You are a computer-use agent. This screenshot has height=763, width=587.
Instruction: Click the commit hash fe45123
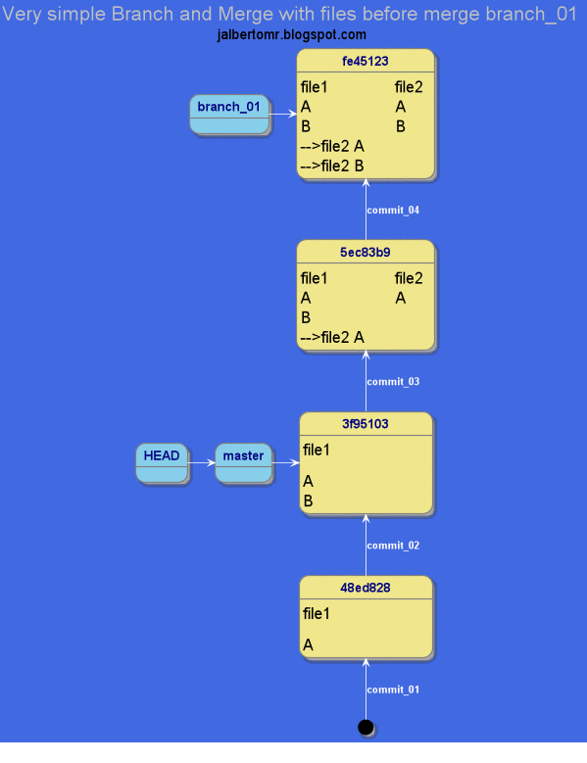[365, 61]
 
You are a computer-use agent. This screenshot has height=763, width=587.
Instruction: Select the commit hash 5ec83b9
[365, 252]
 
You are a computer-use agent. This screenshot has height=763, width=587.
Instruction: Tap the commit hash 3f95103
[365, 424]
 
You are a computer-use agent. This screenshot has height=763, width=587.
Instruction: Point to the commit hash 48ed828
[365, 588]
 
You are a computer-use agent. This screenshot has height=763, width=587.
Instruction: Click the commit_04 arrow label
[393, 211]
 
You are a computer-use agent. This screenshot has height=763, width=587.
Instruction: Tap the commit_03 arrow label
[393, 382]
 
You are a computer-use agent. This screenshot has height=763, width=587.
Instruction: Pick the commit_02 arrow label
[393, 546]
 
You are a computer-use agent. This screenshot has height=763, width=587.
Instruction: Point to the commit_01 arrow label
[393, 691]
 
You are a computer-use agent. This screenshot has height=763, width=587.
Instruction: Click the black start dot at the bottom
[366, 727]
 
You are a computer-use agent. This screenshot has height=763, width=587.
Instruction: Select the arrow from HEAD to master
[201, 463]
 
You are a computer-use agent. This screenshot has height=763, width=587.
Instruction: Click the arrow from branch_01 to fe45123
[282, 115]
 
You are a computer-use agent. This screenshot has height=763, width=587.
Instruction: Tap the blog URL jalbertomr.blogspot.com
[292, 35]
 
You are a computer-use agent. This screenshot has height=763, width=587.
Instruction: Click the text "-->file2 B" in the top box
[332, 166]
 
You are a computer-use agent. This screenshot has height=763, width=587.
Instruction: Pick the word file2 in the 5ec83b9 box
[409, 278]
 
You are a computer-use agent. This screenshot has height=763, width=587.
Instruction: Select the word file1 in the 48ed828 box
[317, 614]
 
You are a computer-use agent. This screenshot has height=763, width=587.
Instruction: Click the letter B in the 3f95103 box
[308, 501]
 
